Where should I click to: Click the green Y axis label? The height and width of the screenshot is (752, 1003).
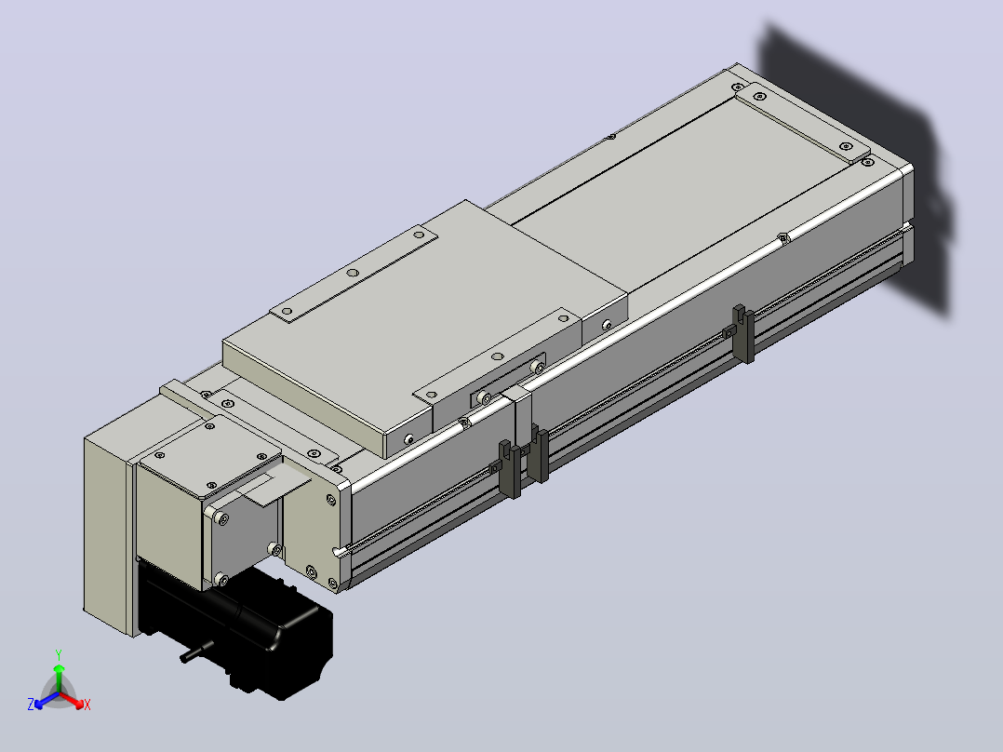pyautogui.click(x=59, y=654)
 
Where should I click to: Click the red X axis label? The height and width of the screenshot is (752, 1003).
pyautogui.click(x=87, y=705)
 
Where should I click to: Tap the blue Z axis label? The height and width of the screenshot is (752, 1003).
pyautogui.click(x=31, y=704)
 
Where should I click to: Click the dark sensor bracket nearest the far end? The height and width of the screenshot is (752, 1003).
pyautogui.click(x=743, y=333)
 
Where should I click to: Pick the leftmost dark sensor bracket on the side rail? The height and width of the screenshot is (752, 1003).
pyautogui.click(x=509, y=468)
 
